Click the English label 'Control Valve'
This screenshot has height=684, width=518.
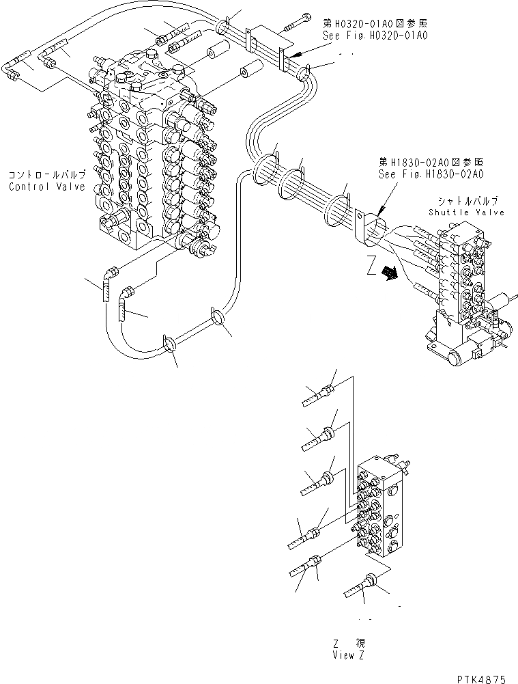[47, 187]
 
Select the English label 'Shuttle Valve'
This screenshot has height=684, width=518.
[467, 213]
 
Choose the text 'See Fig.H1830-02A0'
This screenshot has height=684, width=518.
[431, 174]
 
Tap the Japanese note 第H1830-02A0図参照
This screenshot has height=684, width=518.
[431, 163]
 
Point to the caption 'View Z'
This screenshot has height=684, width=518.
[354, 655]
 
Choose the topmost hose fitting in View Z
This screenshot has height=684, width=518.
[318, 394]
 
